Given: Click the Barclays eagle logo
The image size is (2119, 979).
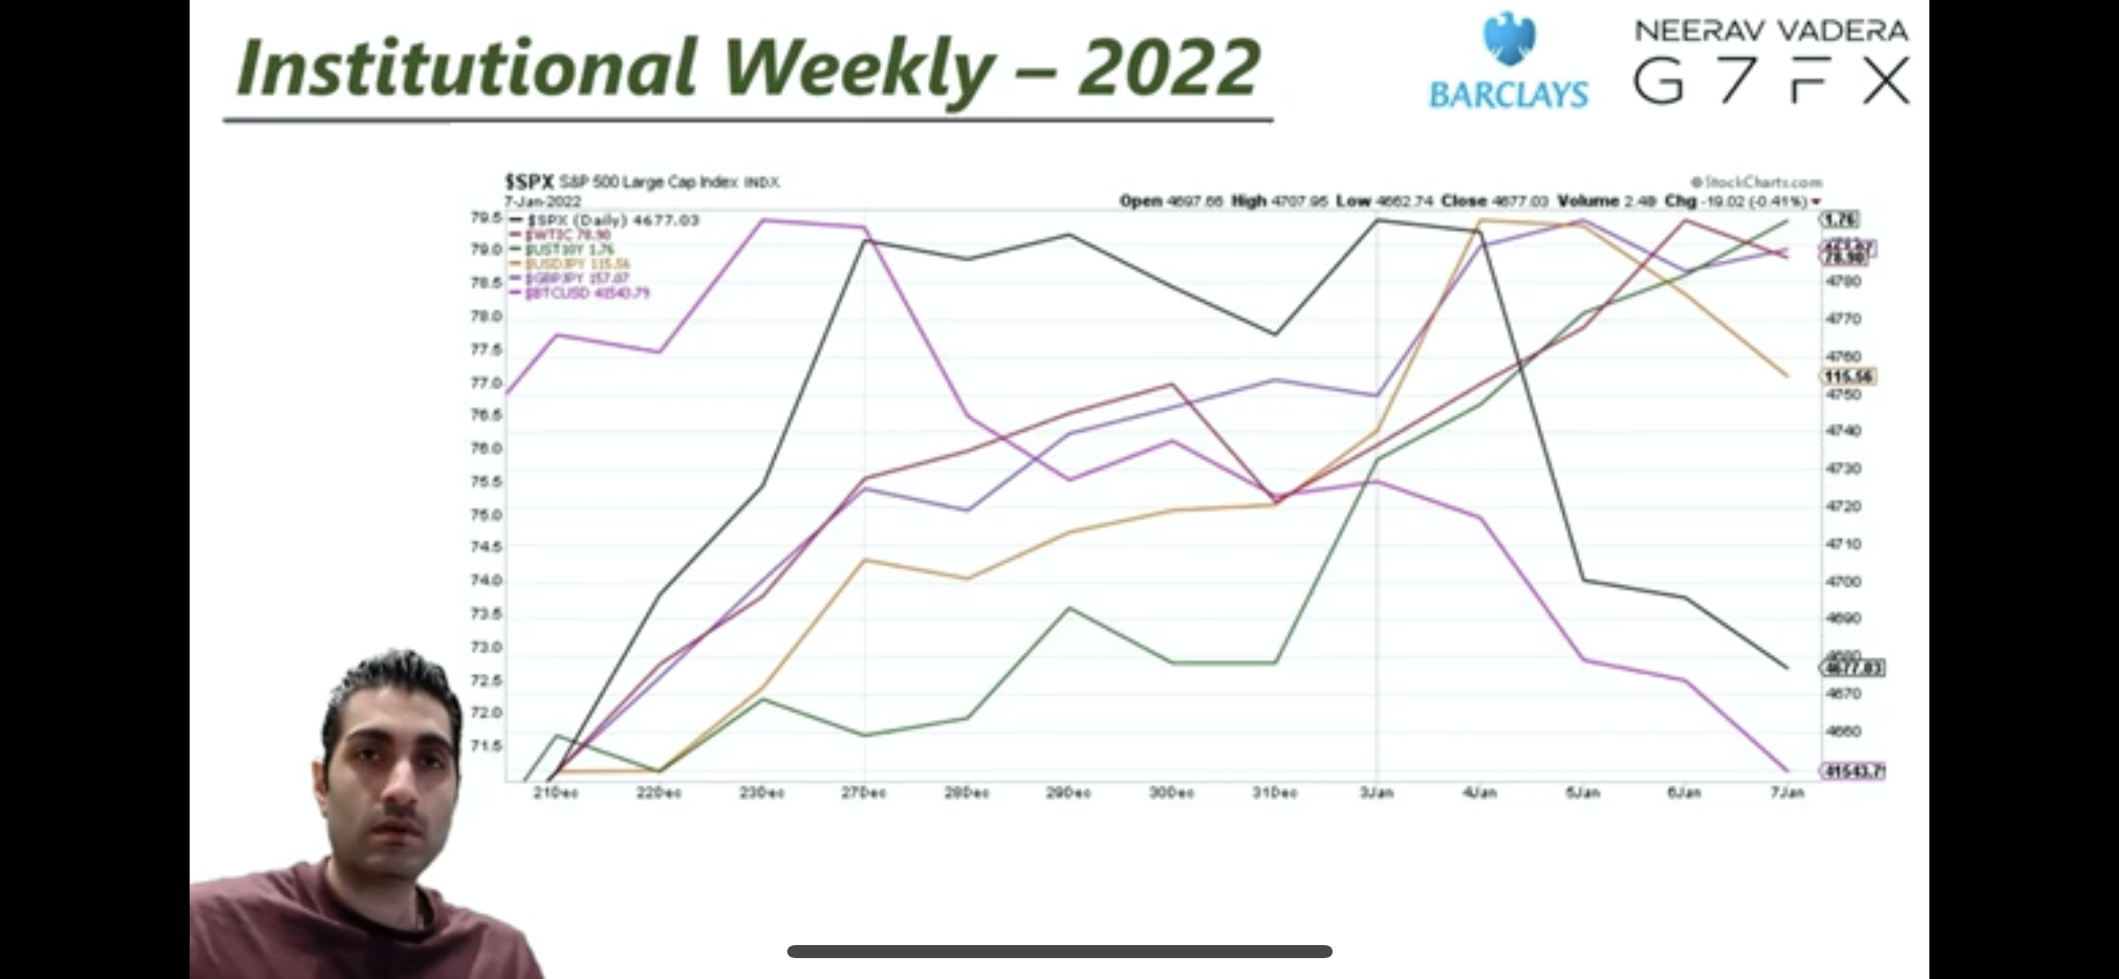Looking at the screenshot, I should point(1509,39).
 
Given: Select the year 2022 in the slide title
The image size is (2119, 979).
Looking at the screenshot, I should point(1168,68).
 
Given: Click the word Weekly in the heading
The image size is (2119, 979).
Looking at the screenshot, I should point(856,68).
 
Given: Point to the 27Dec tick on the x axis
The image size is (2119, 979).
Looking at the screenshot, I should point(864,793).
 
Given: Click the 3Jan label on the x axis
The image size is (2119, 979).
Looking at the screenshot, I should point(1376,793).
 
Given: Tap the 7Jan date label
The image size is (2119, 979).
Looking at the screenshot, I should point(1787,793).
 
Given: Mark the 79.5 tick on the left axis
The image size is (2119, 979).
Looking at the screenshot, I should point(486,217).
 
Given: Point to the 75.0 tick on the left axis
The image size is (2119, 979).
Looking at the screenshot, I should point(486,514).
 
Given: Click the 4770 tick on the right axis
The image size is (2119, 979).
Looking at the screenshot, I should point(1843,319).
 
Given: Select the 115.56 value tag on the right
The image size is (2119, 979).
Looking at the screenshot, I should point(1848,377).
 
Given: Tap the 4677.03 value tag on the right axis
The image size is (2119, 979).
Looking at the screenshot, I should point(1853,668).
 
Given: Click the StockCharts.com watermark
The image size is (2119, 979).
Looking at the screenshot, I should point(1756,182).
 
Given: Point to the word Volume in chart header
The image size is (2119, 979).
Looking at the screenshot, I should point(1588,201).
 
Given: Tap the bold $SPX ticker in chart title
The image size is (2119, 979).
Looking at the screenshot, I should point(529,182).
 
